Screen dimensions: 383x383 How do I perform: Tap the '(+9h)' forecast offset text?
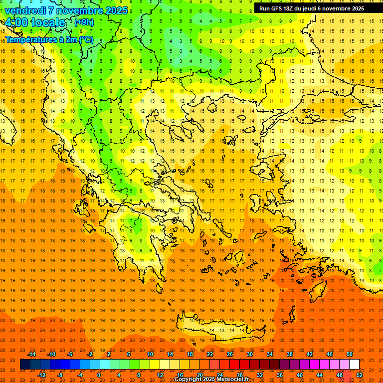tap(83, 22)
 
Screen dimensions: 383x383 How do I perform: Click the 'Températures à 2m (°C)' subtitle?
tap(49, 39)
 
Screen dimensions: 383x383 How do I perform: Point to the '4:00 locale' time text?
tap(35, 22)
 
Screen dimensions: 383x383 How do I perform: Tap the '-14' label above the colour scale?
tap(31, 354)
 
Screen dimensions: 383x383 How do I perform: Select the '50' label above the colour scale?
tap(349, 354)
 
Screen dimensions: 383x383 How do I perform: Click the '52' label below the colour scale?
tap(360, 375)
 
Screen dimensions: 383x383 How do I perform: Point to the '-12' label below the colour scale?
tap(41, 375)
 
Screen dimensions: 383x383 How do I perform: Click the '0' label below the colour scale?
tap(99, 375)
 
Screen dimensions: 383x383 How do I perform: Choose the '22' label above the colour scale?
tap(210, 354)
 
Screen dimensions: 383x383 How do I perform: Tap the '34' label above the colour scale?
tap(269, 354)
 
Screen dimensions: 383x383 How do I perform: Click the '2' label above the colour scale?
tap(109, 354)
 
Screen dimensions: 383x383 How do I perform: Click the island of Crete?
tap(224, 330)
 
